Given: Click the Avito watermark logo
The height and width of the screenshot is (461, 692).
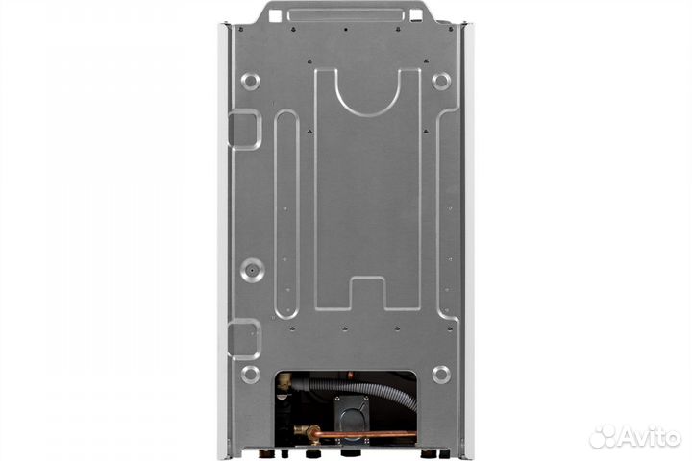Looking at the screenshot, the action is (634, 436).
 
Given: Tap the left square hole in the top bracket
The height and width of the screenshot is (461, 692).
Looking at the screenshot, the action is (275, 16).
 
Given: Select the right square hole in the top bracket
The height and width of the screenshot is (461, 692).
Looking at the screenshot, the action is (416, 16).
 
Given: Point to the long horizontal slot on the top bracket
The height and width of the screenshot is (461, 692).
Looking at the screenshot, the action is (346, 15).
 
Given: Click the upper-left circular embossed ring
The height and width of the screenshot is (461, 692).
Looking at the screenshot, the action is (250, 82).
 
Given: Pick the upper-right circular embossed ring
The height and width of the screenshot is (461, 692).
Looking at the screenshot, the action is (441, 82).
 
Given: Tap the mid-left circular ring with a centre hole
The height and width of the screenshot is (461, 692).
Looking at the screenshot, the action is (253, 270).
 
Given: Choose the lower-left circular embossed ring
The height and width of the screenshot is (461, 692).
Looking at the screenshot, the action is (250, 375).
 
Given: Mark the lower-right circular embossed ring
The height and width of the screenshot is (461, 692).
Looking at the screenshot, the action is (441, 375).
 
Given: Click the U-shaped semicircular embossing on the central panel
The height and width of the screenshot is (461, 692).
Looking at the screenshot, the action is (368, 110).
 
